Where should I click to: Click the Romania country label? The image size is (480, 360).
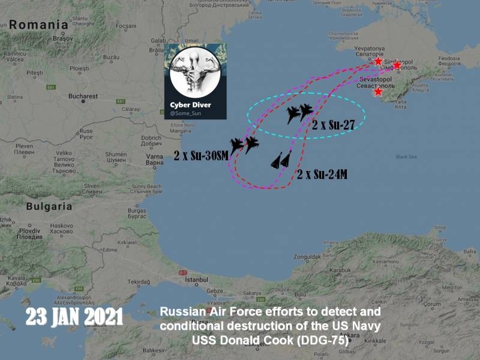tap(38, 25)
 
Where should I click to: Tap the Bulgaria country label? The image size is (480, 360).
tap(49, 206)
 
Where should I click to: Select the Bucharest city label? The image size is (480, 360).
tap(83, 96)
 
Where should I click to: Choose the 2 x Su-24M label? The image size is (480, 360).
tap(322, 175)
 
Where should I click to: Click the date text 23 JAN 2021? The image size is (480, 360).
tap(74, 317)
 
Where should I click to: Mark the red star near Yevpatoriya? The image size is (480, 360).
tap(378, 62)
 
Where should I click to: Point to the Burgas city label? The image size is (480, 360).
tap(137, 211)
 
